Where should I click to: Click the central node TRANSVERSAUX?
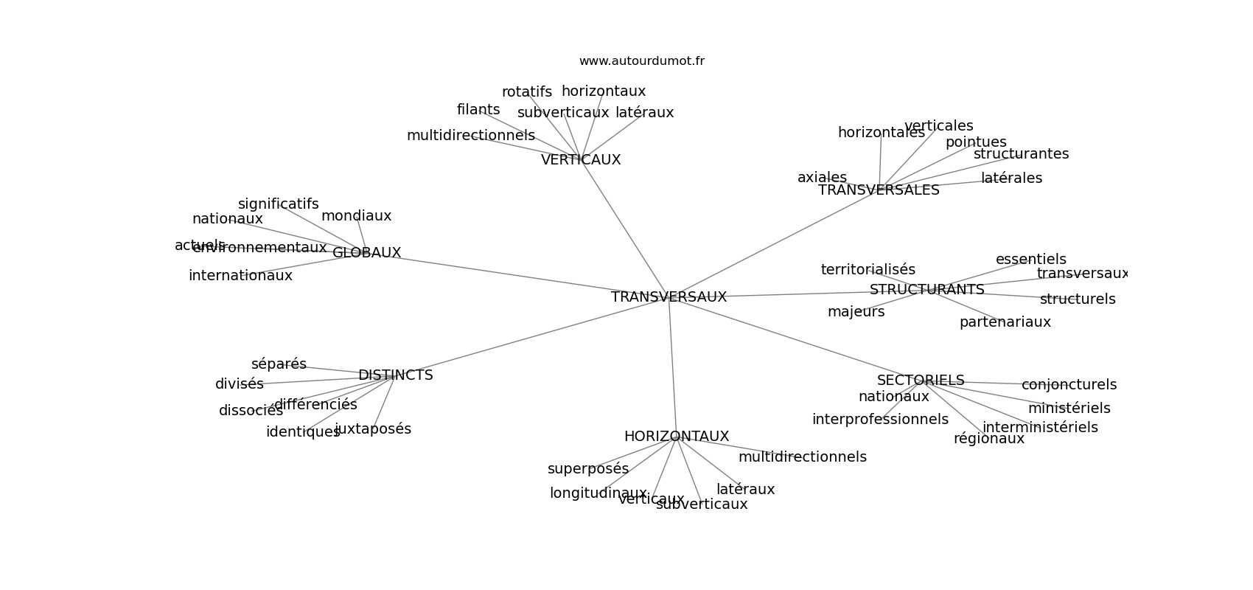pyautogui.click(x=669, y=297)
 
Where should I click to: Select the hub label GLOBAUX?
pyautogui.click(x=366, y=253)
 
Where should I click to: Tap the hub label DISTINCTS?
pyautogui.click(x=395, y=375)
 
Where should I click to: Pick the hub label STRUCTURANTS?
pyautogui.click(x=926, y=290)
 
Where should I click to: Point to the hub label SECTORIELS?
pyautogui.click(x=920, y=381)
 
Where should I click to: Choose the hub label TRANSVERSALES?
pyautogui.click(x=879, y=190)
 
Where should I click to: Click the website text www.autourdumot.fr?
pyautogui.click(x=641, y=61)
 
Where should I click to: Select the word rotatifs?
pyautogui.click(x=526, y=92)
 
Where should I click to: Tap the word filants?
pyautogui.click(x=478, y=110)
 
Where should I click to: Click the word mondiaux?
pyautogui.click(x=356, y=216)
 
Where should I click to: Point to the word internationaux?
pyautogui.click(x=240, y=276)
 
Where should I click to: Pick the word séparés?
pyautogui.click(x=279, y=364)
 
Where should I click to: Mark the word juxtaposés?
pyautogui.click(x=373, y=429)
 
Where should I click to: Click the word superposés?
pyautogui.click(x=588, y=469)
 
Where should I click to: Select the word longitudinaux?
pyautogui.click(x=598, y=493)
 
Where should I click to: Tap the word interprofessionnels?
pyautogui.click(x=880, y=420)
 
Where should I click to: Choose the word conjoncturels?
pyautogui.click(x=1069, y=385)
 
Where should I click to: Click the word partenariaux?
pyautogui.click(x=1005, y=322)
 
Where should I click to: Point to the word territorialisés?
pyautogui.click(x=868, y=270)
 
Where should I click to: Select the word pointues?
pyautogui.click(x=975, y=142)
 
